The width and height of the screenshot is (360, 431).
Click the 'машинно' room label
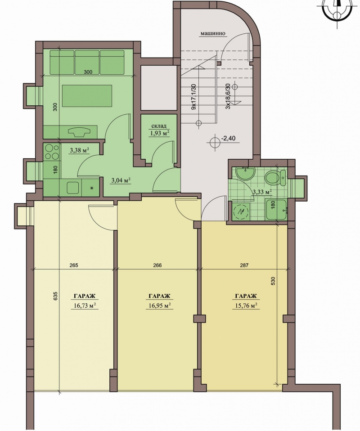point(212,34)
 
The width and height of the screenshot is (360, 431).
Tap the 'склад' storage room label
point(159,126)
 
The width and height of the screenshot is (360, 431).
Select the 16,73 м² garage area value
point(85,305)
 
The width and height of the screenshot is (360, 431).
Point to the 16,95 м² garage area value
point(159,305)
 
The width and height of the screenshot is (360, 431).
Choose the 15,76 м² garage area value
point(246,305)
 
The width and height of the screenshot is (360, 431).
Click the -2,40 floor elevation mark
point(228,138)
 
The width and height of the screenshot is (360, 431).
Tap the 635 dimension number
point(55,296)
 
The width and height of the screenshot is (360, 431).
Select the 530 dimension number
point(273,281)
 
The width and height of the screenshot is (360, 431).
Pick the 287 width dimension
point(244,265)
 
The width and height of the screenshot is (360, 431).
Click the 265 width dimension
point(74,265)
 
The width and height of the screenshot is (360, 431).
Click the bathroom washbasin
point(246,174)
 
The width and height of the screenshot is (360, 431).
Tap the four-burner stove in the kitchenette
point(52,152)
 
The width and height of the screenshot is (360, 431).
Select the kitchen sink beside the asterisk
point(73,188)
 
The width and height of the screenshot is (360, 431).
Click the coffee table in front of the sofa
point(87,96)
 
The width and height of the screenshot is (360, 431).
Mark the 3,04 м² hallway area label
point(121,180)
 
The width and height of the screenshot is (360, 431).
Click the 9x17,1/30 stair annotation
point(193,97)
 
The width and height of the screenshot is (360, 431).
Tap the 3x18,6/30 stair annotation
point(228,96)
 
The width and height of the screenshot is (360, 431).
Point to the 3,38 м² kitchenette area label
point(79,150)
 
